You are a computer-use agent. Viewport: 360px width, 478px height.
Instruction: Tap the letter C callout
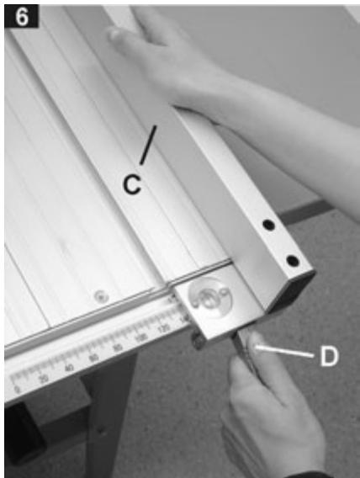tap(131, 183)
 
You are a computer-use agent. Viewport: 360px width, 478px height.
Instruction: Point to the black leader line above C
tap(147, 146)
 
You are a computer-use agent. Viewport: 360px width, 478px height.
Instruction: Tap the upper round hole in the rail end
tap(267, 226)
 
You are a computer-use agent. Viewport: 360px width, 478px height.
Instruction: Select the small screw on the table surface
tap(101, 295)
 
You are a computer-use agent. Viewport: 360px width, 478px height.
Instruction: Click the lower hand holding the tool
tap(269, 412)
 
